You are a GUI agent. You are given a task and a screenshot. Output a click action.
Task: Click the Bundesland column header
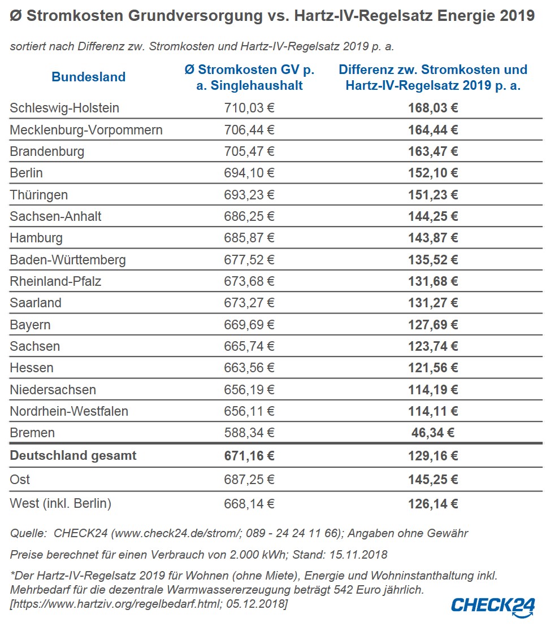[x=88, y=77]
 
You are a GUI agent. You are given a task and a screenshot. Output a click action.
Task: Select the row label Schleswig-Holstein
[x=64, y=108]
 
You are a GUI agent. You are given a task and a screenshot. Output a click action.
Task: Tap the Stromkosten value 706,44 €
[x=249, y=130]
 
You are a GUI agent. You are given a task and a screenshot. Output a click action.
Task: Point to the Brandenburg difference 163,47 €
[x=433, y=151]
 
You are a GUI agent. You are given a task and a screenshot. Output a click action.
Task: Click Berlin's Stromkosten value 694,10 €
[x=249, y=173]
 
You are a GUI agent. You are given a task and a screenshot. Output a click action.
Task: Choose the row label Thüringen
[x=39, y=195]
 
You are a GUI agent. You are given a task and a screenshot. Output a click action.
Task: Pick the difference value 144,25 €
[x=433, y=216]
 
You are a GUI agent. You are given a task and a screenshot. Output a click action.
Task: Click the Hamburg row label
[x=36, y=238]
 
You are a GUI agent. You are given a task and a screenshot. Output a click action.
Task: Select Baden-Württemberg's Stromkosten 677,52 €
[x=249, y=260]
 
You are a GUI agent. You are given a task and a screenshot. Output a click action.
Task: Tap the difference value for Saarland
[x=433, y=303]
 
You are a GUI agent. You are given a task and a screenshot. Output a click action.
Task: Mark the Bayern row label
[x=30, y=325]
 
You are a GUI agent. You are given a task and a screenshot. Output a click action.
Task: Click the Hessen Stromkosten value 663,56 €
[x=249, y=368]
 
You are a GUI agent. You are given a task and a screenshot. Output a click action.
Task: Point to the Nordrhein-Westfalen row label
[x=69, y=411]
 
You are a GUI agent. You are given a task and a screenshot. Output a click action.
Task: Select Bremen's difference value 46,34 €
[x=433, y=433]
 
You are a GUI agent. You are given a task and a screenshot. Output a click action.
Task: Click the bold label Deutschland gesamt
[x=73, y=455]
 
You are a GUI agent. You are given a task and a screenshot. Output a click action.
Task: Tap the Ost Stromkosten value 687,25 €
[x=249, y=480]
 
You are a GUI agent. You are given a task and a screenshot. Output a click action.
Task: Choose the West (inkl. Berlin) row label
[x=60, y=503]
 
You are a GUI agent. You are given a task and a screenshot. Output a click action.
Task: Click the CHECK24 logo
[x=492, y=605]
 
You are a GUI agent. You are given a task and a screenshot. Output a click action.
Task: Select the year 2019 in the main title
[x=517, y=16]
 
